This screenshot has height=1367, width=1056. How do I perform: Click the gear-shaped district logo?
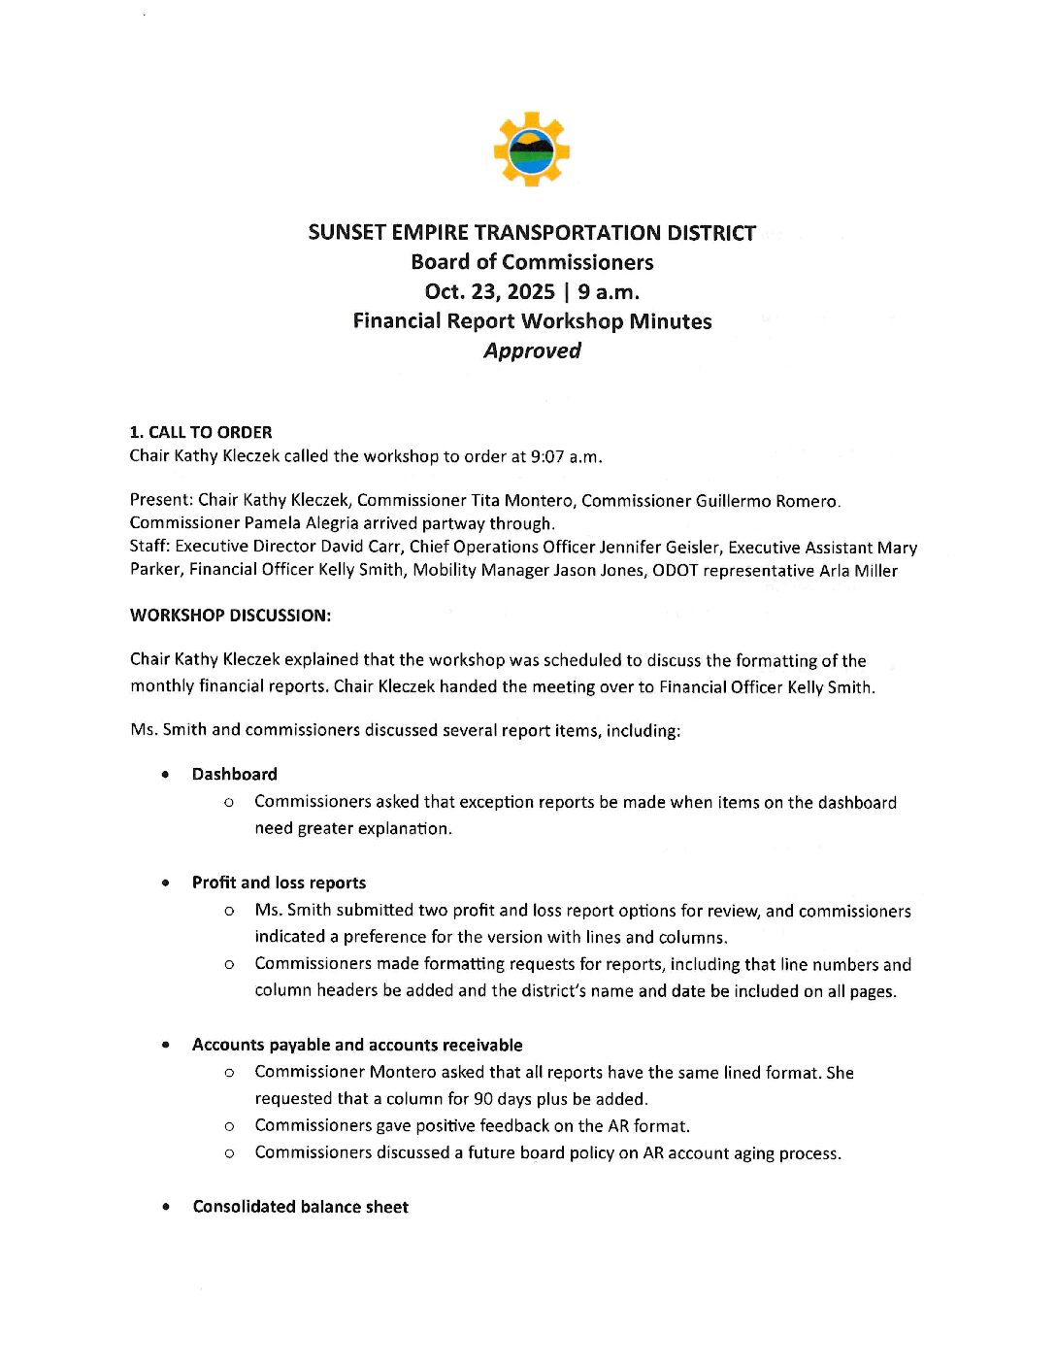(531, 149)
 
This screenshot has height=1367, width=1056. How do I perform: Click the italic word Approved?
(532, 350)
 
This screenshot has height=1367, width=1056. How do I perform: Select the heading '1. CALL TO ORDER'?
(201, 432)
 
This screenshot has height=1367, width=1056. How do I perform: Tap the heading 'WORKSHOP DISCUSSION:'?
(230, 615)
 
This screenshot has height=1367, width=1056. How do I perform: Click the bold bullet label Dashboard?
(234, 774)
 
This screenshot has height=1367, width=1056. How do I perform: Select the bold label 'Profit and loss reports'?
(279, 883)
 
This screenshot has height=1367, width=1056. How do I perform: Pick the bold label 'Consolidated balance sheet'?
(300, 1207)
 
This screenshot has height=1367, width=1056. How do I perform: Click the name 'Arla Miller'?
(858, 570)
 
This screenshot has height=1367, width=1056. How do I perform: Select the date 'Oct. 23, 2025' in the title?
(490, 291)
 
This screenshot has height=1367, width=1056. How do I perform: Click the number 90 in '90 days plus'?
(483, 1099)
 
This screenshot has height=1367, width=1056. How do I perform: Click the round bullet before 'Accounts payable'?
(167, 1045)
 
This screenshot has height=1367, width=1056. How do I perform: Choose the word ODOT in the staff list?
(675, 570)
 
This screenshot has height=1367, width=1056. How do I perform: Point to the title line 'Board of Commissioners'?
(532, 262)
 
